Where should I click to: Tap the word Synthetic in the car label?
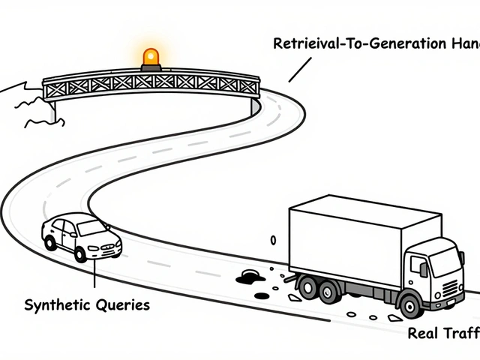click(x=56, y=305)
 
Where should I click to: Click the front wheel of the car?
click(x=80, y=254)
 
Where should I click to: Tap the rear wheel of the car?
click(x=50, y=242)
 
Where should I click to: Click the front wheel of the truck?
click(x=409, y=304)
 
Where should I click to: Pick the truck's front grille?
click(x=450, y=286)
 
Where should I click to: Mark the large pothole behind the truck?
click(x=249, y=278)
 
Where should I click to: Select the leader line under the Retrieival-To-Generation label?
click(x=299, y=70)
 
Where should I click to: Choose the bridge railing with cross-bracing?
click(x=150, y=85)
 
